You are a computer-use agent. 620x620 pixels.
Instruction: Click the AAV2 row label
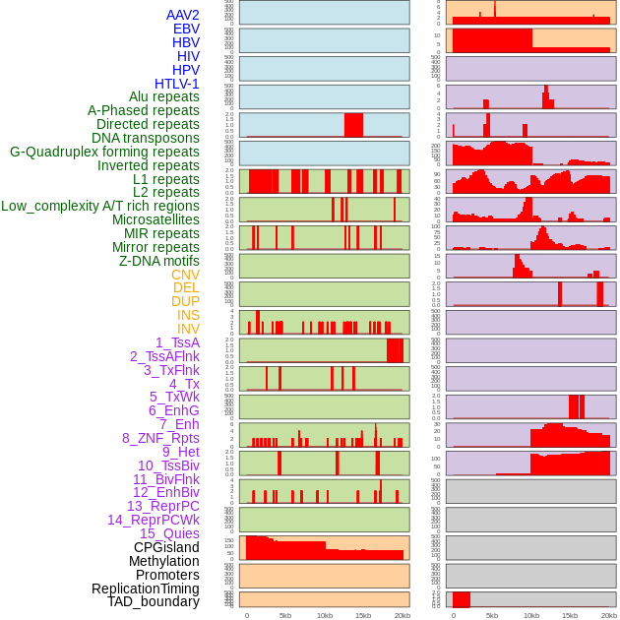pyautogui.click(x=183, y=15)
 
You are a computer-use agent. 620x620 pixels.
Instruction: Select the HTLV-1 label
pyautogui.click(x=177, y=84)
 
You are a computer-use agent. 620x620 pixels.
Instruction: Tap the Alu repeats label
pyautogui.click(x=164, y=96)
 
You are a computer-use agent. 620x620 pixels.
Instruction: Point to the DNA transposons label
pyautogui.click(x=146, y=138)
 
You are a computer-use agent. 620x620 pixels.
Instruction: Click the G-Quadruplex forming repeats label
pyautogui.click(x=104, y=152)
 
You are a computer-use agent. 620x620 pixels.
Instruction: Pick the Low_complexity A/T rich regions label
pyautogui.click(x=100, y=206)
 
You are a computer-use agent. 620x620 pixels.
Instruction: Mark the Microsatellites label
pyautogui.click(x=155, y=219)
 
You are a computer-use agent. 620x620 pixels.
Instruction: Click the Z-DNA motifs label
pyautogui.click(x=159, y=261)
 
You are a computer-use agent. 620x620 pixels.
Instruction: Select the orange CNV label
pyautogui.click(x=185, y=275)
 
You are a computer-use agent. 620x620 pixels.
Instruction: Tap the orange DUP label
pyautogui.click(x=185, y=301)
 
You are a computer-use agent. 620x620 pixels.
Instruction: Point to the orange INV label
pyautogui.click(x=188, y=329)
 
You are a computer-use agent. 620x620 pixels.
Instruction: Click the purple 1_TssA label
pyautogui.click(x=177, y=342)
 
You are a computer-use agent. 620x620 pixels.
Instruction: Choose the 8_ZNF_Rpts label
pyautogui.click(x=160, y=438)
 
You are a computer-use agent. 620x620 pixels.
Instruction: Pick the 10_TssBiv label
pyautogui.click(x=168, y=465)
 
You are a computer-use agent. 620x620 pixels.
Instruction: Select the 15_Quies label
pyautogui.click(x=169, y=533)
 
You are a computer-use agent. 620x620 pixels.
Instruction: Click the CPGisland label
pyautogui.click(x=166, y=547)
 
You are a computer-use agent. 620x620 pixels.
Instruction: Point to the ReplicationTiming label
pyautogui.click(x=145, y=589)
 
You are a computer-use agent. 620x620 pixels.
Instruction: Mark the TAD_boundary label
pyautogui.click(x=154, y=601)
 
